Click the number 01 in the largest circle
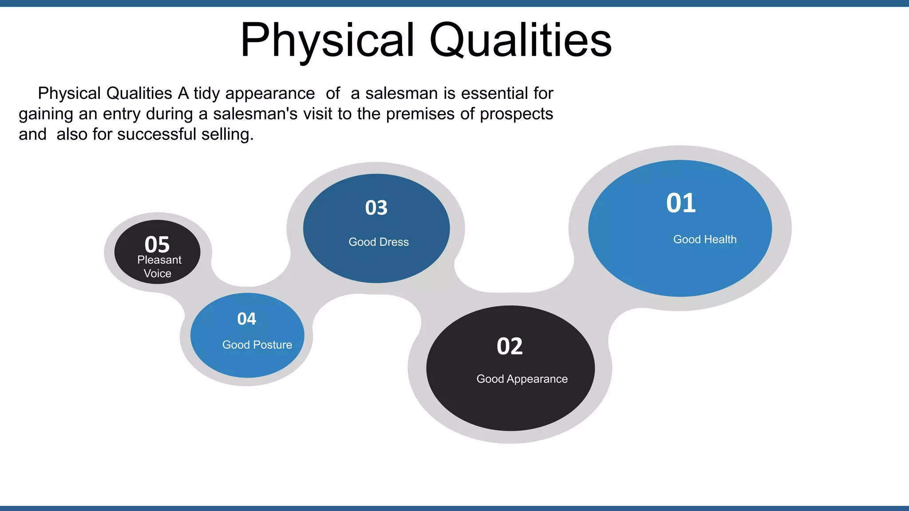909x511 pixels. pos(681,203)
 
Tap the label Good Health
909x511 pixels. pos(704,240)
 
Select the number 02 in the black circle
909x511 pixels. pos(510,346)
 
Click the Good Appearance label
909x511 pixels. pos(522,379)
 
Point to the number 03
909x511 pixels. pos(376,208)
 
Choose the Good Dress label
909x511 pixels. pos(378,242)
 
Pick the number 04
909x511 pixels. pos(246,319)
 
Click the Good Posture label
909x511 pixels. pos(257,345)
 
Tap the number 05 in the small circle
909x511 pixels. pos(157,244)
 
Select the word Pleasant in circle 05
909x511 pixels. pos(159,260)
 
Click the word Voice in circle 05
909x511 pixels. pos(157,274)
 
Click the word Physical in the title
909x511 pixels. pos(327,41)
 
